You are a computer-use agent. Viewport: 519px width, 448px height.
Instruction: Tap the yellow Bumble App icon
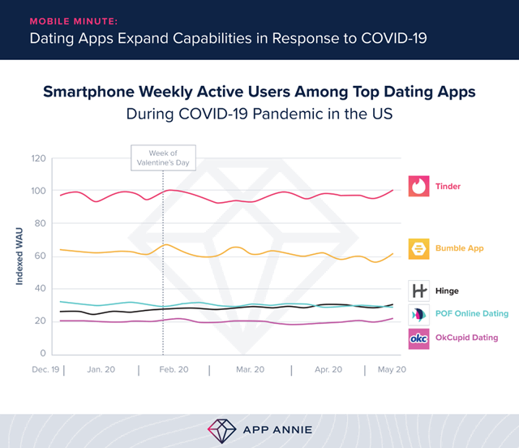click(418, 248)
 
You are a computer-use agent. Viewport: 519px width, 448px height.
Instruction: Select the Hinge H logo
click(418, 290)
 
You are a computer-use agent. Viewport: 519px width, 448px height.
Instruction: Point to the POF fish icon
click(418, 314)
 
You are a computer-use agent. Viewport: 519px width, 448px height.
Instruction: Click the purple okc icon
click(418, 338)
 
